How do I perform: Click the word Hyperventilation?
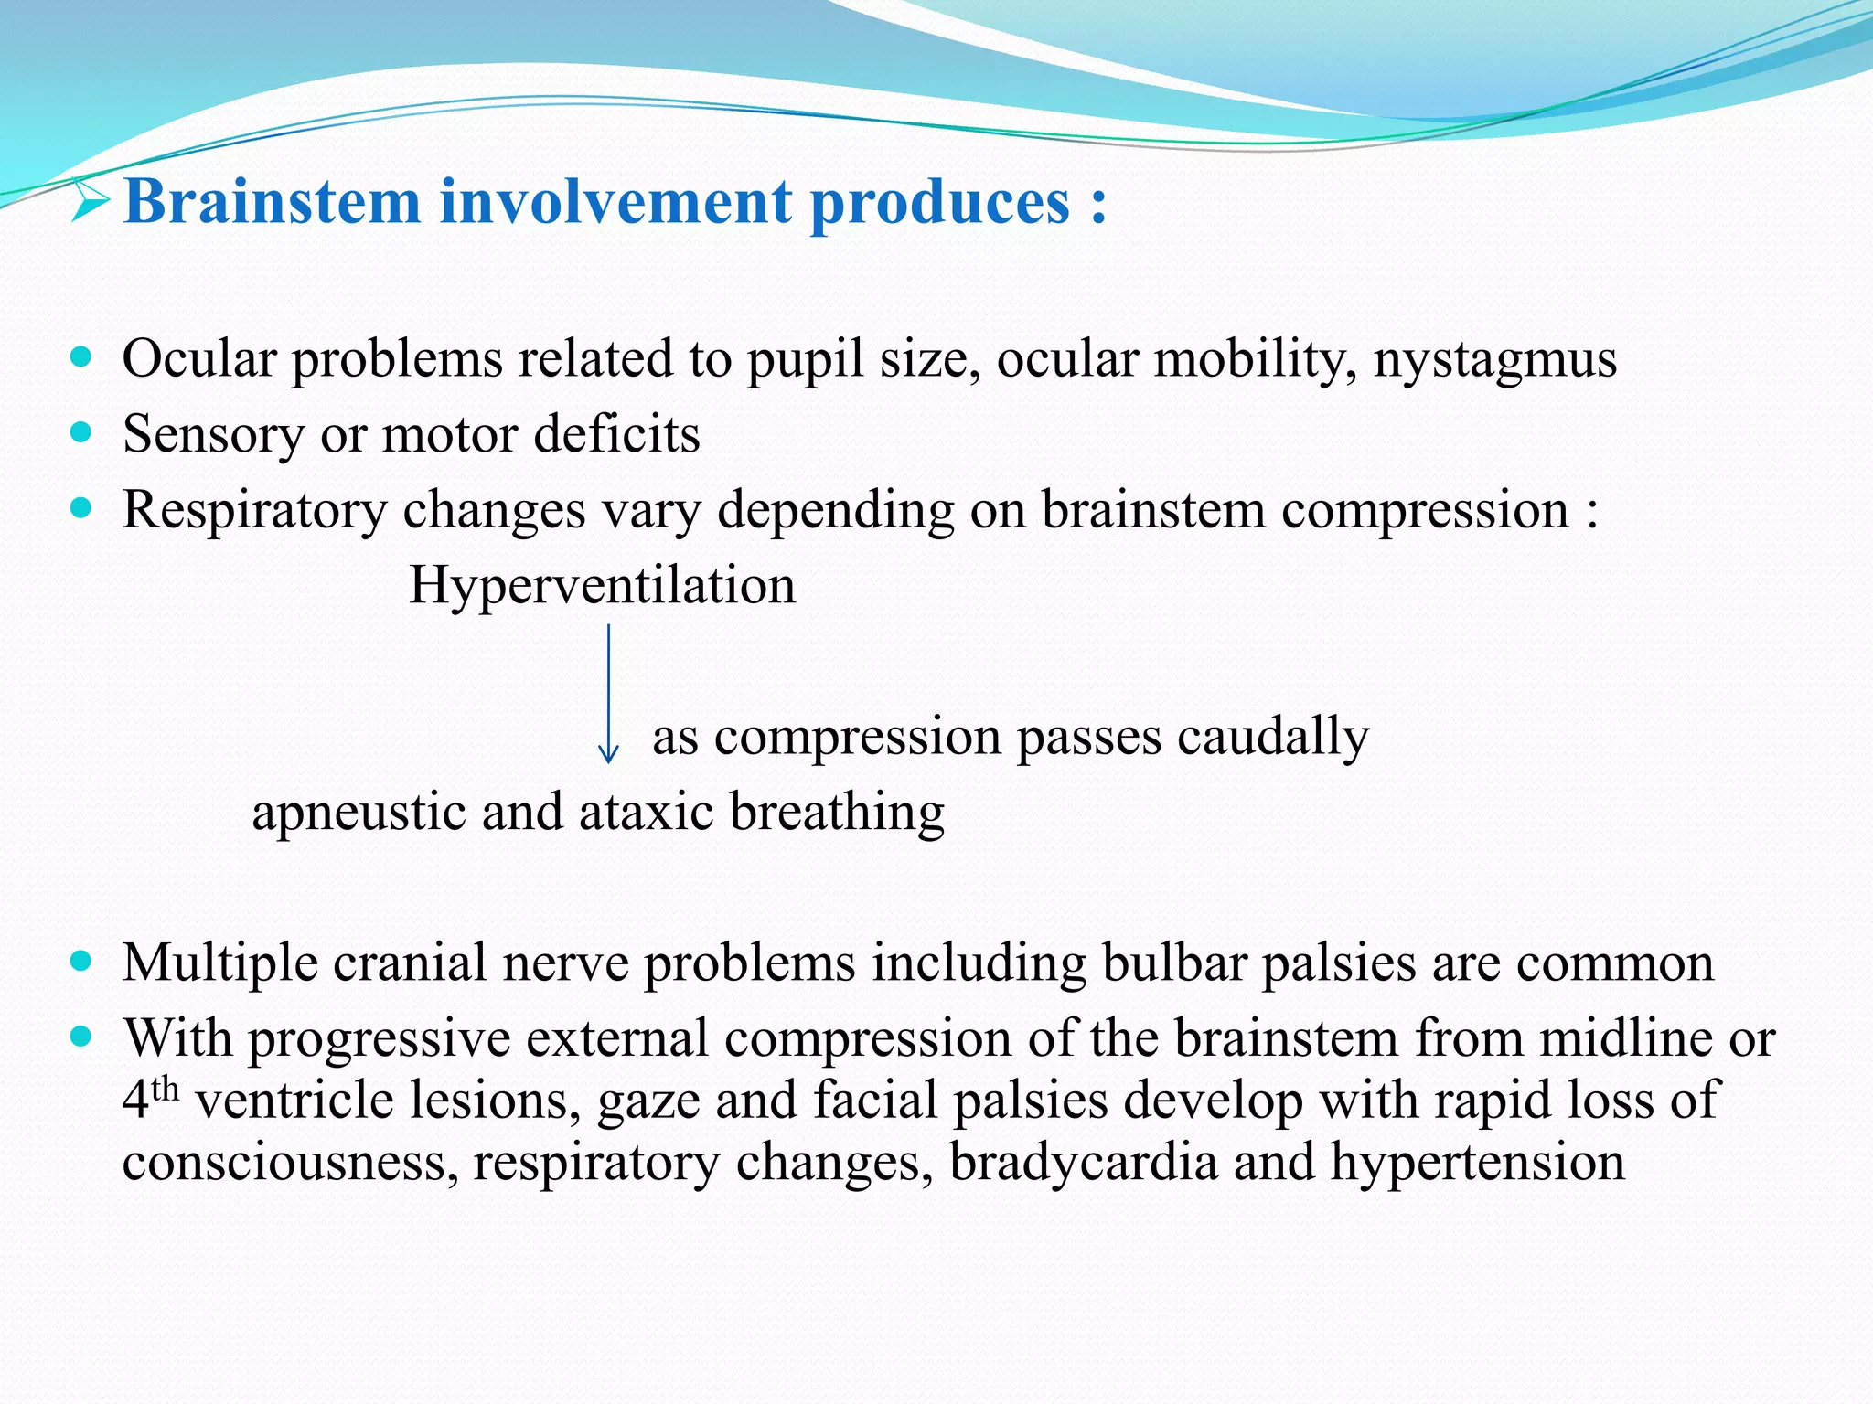(x=602, y=585)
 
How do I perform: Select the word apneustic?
(x=359, y=813)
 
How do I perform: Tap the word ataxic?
(x=646, y=813)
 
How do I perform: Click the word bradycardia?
(x=1083, y=1163)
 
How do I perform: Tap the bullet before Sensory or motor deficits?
(x=81, y=432)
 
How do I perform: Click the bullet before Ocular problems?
(x=81, y=356)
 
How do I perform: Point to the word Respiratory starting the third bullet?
(x=254, y=510)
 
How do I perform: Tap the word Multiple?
(x=219, y=963)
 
